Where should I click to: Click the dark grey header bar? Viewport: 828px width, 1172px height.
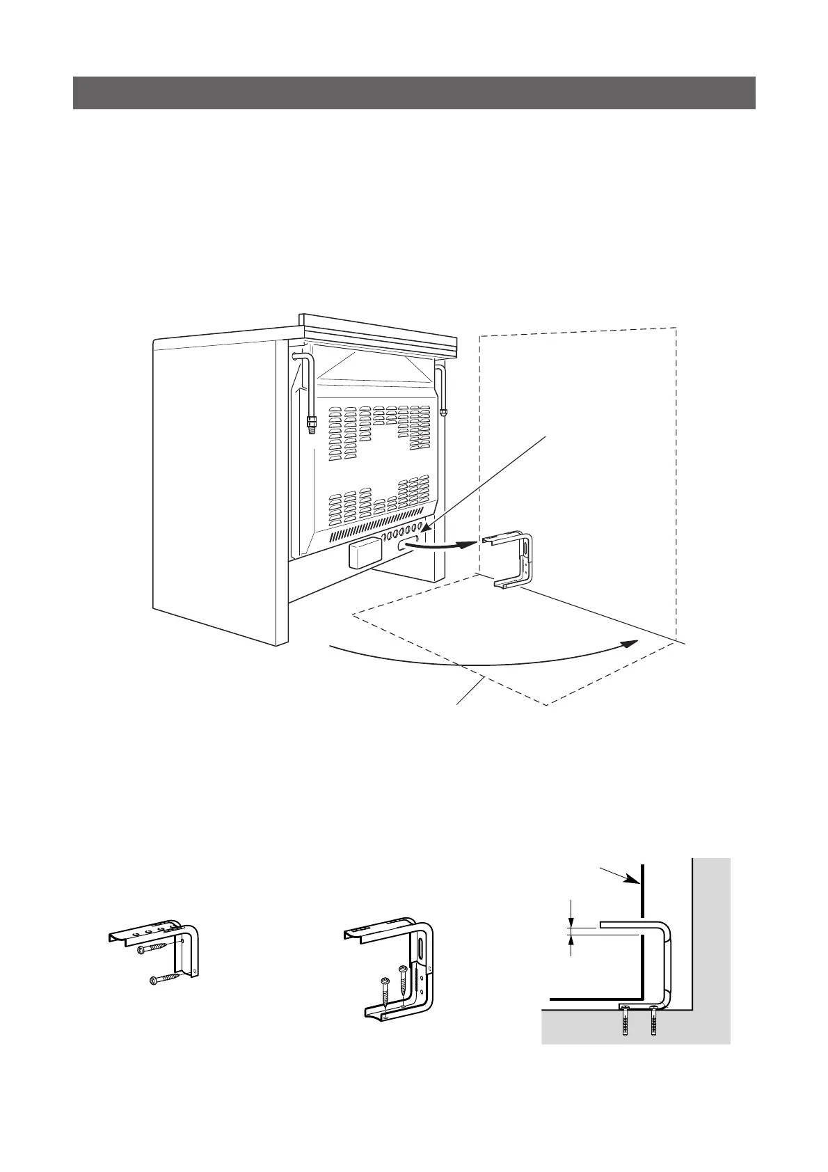[x=414, y=93]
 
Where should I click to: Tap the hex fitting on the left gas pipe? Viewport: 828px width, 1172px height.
[x=309, y=421]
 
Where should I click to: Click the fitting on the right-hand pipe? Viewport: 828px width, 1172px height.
[x=444, y=411]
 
